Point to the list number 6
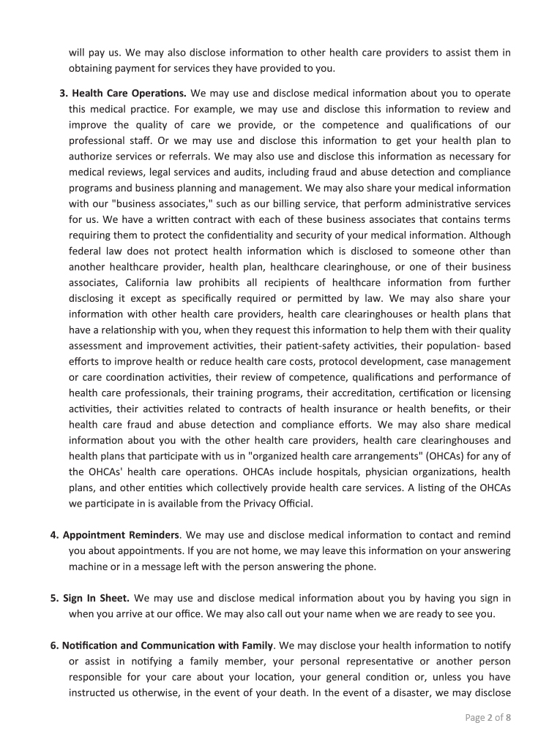(54, 645)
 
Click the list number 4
(54, 536)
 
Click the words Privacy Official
(271, 502)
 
